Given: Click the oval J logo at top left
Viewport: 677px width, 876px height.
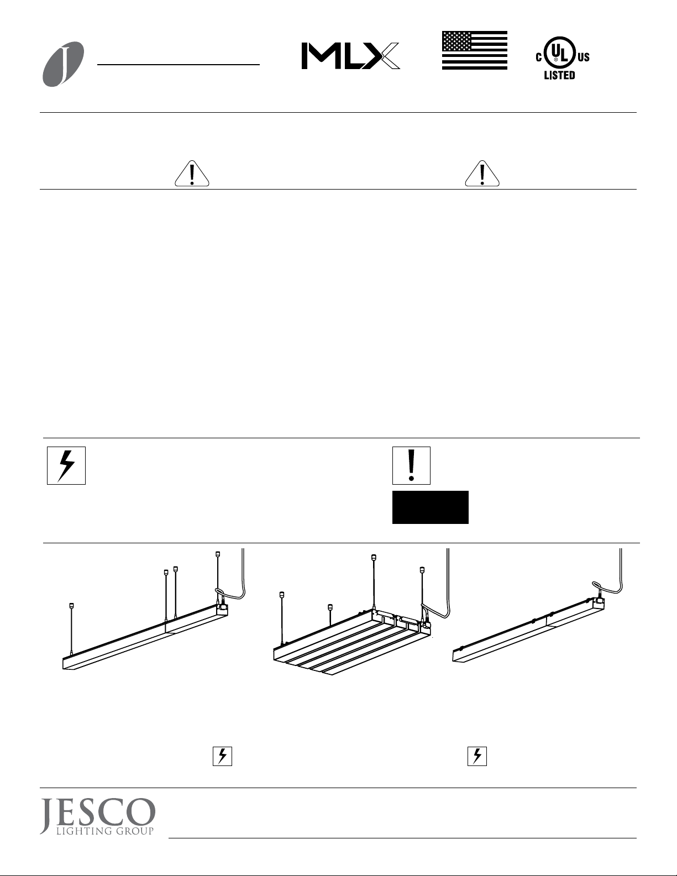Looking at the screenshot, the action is coord(63,64).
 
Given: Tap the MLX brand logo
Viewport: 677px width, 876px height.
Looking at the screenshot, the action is coord(350,56).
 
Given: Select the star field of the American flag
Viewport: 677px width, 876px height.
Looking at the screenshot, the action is coord(458,41).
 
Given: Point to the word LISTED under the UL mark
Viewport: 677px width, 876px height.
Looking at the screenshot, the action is coord(560,75).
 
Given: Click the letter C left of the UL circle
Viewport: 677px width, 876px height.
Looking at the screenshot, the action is coord(539,57).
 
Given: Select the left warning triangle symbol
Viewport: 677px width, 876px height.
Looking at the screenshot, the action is coord(192,174).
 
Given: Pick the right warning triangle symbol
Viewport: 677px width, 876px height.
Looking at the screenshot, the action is coord(482,174).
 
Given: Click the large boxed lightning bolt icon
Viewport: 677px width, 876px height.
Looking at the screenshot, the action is coord(66,465).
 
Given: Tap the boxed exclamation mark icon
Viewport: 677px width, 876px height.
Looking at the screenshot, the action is coord(411,465).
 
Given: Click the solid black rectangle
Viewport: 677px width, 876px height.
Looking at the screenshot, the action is coord(431,507).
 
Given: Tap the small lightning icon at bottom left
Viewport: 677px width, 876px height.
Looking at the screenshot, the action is coord(222,756).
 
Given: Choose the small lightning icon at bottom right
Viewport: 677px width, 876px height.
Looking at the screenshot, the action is coord(477,756).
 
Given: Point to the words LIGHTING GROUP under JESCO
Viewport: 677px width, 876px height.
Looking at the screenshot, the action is coord(105,831).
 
